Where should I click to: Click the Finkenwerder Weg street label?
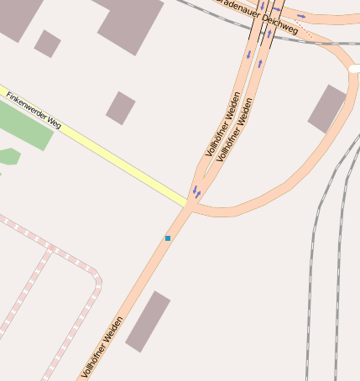34,109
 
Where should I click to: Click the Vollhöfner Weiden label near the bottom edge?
103,346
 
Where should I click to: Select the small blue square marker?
168,238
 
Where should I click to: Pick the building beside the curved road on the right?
326,108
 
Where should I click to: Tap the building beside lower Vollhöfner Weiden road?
148,321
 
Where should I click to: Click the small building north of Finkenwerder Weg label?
120,107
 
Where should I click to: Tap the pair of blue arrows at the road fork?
197,193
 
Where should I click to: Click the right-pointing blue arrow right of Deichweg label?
301,16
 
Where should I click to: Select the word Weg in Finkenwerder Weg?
55,123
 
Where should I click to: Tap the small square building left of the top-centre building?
47,44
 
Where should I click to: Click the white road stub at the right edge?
354,70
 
